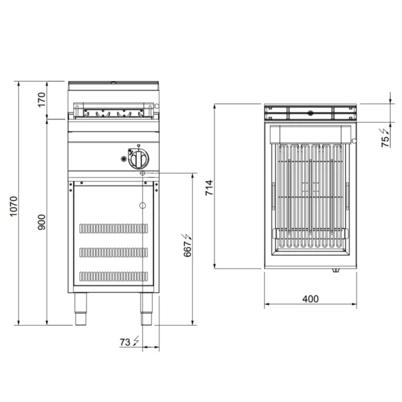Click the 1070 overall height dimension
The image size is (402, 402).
[x=13, y=206]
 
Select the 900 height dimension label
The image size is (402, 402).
[x=42, y=222]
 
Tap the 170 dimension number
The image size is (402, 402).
[x=42, y=99]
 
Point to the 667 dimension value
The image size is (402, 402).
[x=188, y=249]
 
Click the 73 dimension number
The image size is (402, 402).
[x=125, y=342]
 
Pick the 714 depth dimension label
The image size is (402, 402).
[x=209, y=188]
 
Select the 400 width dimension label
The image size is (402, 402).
[x=310, y=299]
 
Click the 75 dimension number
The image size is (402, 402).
[x=385, y=141]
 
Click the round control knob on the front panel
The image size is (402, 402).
[x=139, y=159]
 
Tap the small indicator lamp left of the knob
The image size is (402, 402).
[x=124, y=159]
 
